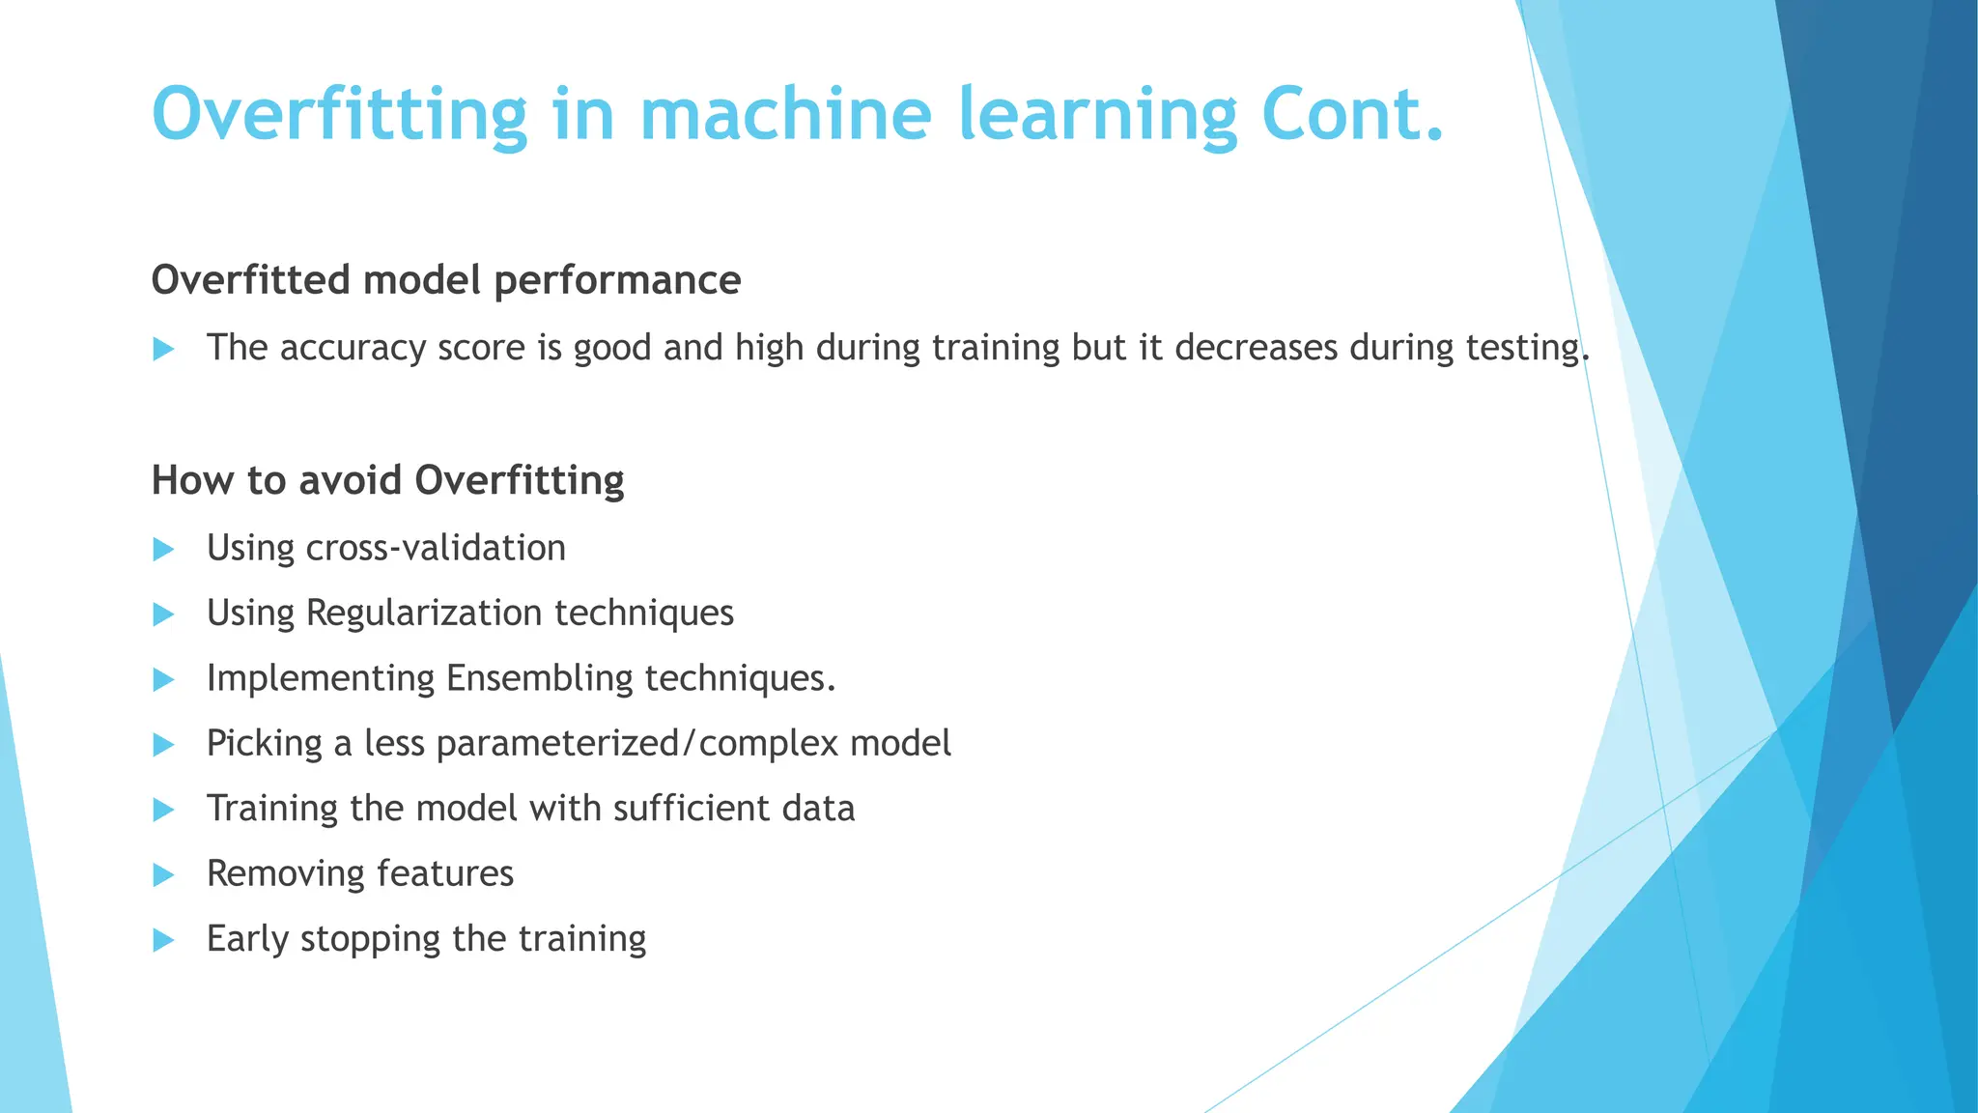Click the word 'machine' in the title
pyautogui.click(x=785, y=114)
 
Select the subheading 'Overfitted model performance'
pyautogui.click(x=446, y=280)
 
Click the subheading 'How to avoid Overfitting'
pyautogui.click(x=387, y=480)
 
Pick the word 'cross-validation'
pyautogui.click(x=435, y=549)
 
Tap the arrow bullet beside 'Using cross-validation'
pyautogui.click(x=164, y=550)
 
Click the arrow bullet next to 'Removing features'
pyautogui.click(x=164, y=875)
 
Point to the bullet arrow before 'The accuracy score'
pyautogui.click(x=164, y=349)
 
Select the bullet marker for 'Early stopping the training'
pyautogui.click(x=164, y=940)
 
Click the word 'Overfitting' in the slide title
pyautogui.click(x=339, y=114)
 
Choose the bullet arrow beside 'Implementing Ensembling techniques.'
pyautogui.click(x=164, y=680)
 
